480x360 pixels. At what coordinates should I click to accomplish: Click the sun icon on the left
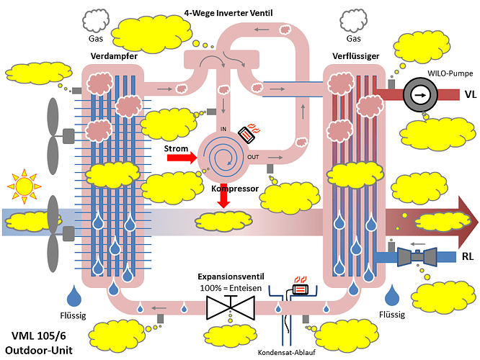25,185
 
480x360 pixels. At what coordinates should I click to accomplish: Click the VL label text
469,94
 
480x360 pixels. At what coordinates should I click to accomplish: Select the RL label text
468,256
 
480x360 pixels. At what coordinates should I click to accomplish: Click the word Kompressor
235,188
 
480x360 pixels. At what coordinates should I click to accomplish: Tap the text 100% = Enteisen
229,288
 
